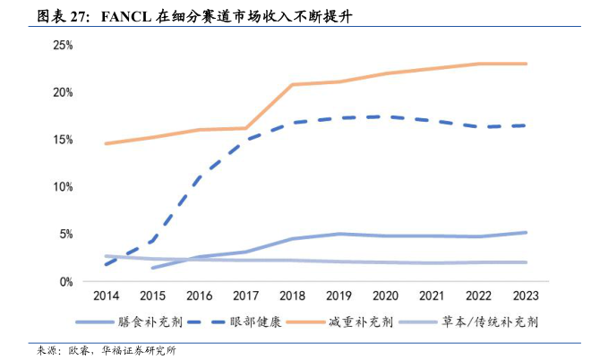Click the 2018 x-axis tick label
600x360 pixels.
click(x=292, y=296)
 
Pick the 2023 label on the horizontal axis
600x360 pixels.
click(x=526, y=296)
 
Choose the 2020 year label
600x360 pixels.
click(x=385, y=296)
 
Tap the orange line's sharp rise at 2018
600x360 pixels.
click(x=292, y=85)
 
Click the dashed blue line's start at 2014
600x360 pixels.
click(x=106, y=264)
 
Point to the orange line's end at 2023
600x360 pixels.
click(x=526, y=64)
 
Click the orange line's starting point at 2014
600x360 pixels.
click(x=106, y=143)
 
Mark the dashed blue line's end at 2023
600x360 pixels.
click(x=526, y=125)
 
